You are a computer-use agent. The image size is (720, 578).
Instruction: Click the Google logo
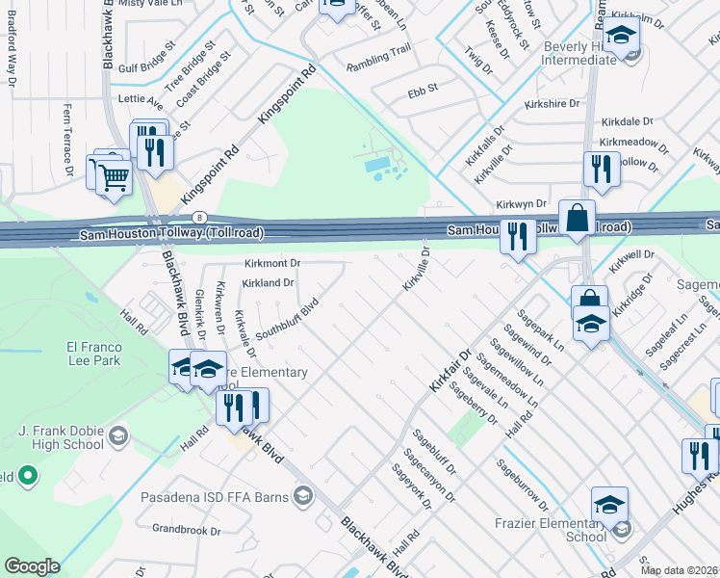[x=32, y=565]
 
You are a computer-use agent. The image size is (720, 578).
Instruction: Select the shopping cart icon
[x=114, y=175]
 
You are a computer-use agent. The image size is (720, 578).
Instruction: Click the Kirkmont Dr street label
[x=273, y=263]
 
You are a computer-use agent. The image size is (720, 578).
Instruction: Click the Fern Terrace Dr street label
[x=68, y=140]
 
